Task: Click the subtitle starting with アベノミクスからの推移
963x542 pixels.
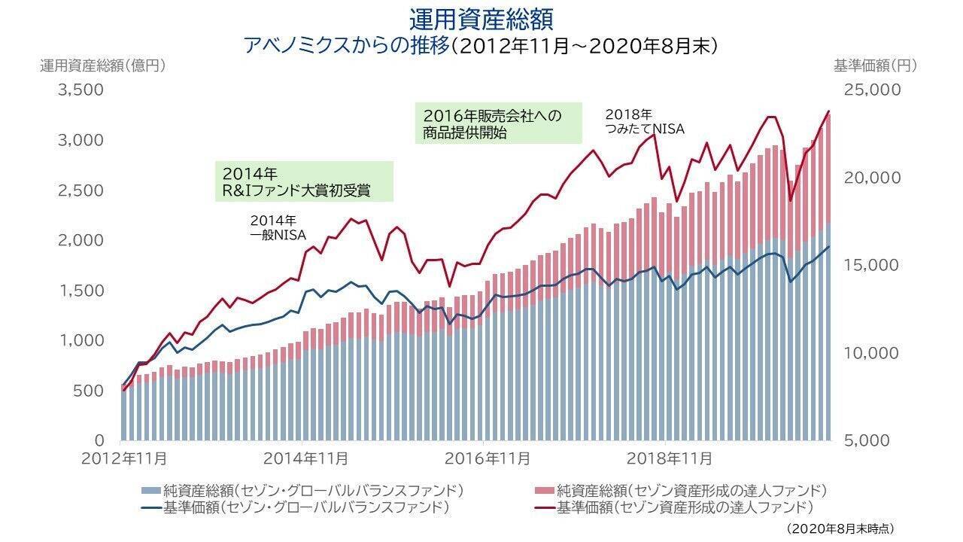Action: click(481, 45)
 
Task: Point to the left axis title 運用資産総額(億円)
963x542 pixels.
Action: click(102, 65)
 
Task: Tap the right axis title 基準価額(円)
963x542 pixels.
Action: click(875, 65)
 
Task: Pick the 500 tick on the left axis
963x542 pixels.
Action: click(89, 391)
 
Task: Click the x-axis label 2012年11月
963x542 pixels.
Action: click(123, 458)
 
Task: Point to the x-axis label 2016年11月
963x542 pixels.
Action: click(487, 458)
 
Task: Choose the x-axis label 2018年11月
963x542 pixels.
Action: click(669, 458)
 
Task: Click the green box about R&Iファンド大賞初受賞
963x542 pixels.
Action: click(304, 181)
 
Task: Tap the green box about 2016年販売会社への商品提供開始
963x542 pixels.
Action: click(499, 124)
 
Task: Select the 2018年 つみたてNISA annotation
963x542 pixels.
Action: click(645, 122)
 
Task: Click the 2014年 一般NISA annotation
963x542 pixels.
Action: click(278, 228)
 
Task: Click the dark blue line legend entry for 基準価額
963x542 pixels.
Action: click(295, 507)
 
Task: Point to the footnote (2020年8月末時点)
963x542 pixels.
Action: click(840, 529)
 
